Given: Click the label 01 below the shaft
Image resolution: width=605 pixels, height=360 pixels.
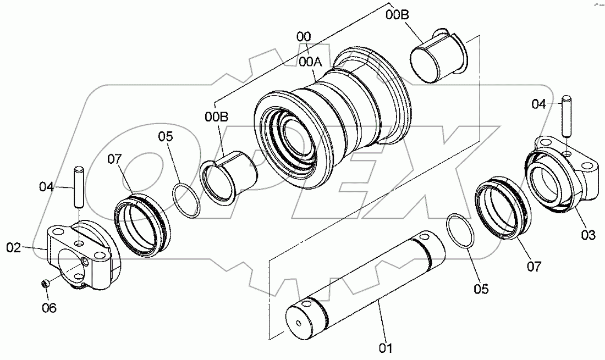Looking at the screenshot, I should click(x=385, y=347).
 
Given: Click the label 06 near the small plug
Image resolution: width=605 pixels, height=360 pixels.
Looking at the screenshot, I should click(x=49, y=308).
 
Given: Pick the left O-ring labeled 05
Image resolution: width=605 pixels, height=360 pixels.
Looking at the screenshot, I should click(x=185, y=199).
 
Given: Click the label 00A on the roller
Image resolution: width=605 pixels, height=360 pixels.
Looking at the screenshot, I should click(x=310, y=62).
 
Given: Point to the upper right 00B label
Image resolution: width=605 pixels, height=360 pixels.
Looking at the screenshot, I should click(x=397, y=15).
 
